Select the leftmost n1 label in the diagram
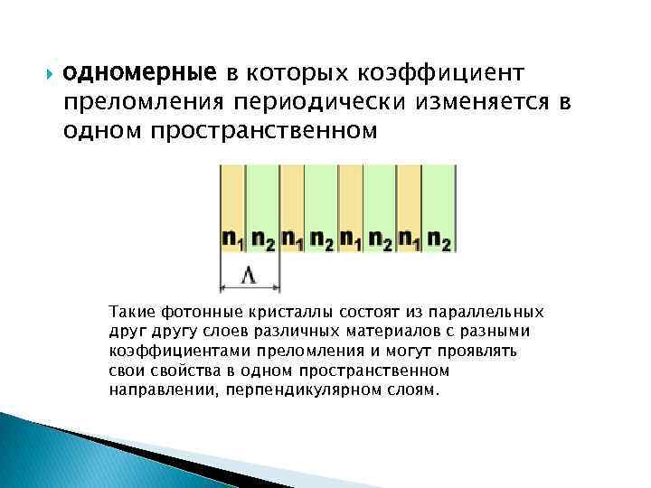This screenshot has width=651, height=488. pyautogui.click(x=234, y=239)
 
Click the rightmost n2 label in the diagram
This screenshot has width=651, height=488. pyautogui.click(x=439, y=239)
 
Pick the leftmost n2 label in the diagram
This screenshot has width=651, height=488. pyautogui.click(x=264, y=239)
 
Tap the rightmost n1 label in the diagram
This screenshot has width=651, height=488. pyautogui.click(x=410, y=239)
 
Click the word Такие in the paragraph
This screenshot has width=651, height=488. pyautogui.click(x=156, y=312)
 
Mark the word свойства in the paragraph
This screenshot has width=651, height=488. pyautogui.click(x=206, y=371)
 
